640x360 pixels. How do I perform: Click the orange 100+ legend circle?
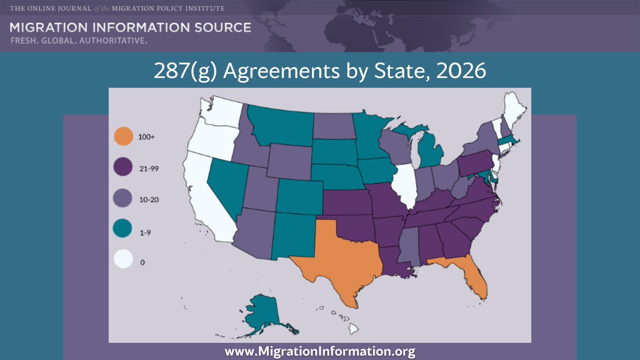click(x=123, y=137)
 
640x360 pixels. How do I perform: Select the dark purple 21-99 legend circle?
click(x=123, y=168)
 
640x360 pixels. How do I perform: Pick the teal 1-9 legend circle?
click(x=123, y=231)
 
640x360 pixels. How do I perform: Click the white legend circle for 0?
click(x=123, y=262)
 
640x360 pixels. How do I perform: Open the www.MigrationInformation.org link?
click(x=320, y=351)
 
